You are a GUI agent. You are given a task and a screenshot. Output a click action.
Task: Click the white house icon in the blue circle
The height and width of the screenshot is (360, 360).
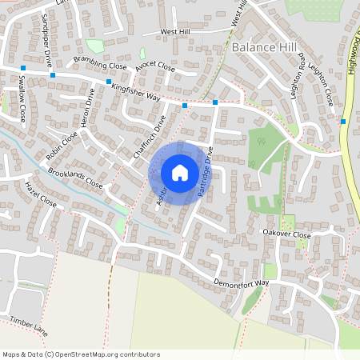click(x=180, y=173)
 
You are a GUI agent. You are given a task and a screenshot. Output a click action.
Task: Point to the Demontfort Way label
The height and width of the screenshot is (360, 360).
click(x=242, y=283)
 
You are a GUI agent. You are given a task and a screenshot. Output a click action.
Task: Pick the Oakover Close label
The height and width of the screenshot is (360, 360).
click(x=286, y=234)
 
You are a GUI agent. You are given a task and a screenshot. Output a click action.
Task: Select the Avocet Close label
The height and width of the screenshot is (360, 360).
click(x=154, y=67)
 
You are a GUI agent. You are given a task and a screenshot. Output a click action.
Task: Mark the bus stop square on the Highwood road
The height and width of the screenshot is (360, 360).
click(x=343, y=122)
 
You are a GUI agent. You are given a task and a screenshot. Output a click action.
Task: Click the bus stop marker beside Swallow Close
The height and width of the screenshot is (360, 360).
click(x=23, y=68)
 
